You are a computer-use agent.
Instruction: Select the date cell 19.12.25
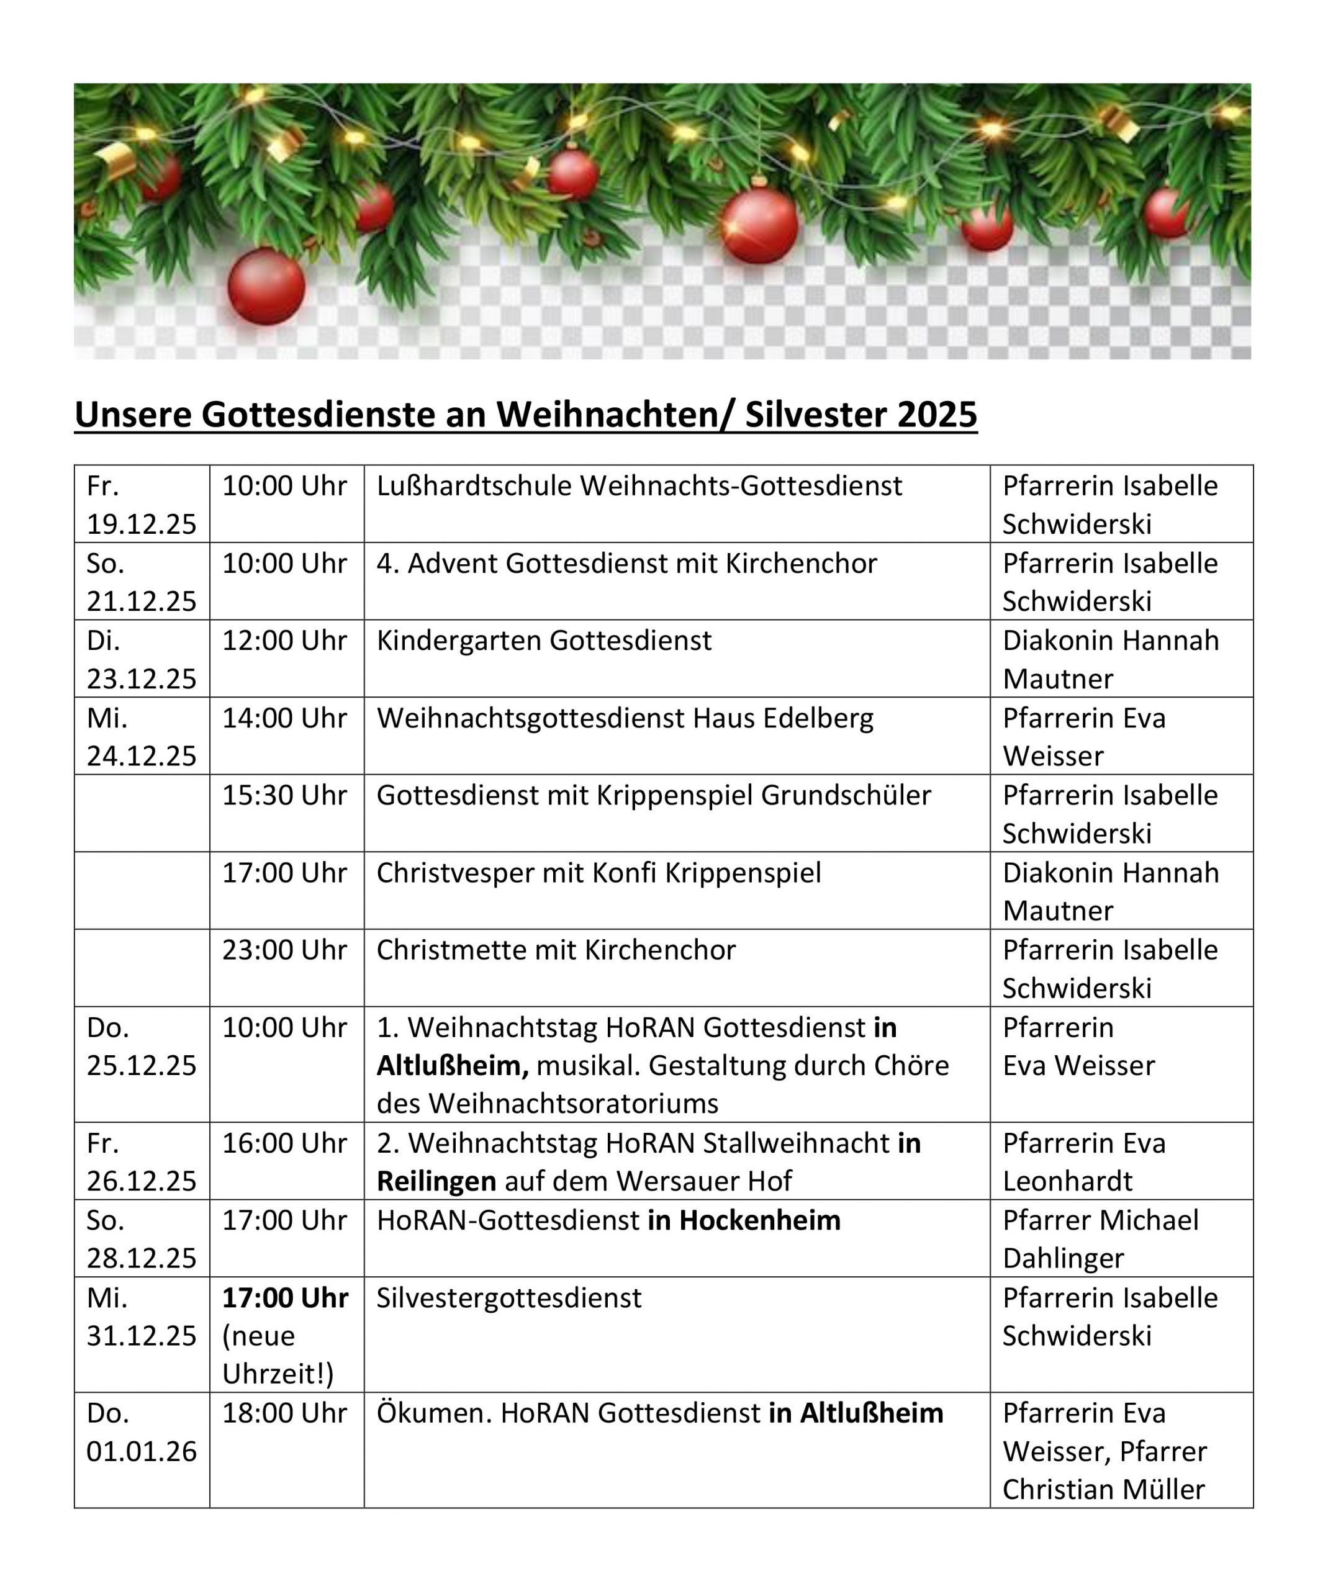coord(142,524)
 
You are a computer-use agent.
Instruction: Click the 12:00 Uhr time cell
coord(284,641)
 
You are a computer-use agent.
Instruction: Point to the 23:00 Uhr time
coord(284,950)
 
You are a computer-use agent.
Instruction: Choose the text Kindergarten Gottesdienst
coord(544,641)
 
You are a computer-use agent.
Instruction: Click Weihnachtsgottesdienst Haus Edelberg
coord(625,718)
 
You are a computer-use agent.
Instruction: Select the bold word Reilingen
coord(436,1181)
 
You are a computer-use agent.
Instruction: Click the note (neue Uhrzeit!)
coord(278,1355)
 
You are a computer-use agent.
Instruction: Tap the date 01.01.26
coord(142,1451)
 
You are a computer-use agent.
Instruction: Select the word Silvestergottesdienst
coord(509,1299)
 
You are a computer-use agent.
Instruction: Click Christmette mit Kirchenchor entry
coord(556,950)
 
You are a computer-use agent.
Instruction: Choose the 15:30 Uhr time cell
coord(284,795)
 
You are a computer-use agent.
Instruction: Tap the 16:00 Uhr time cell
coord(284,1143)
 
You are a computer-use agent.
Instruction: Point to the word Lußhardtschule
coord(474,486)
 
